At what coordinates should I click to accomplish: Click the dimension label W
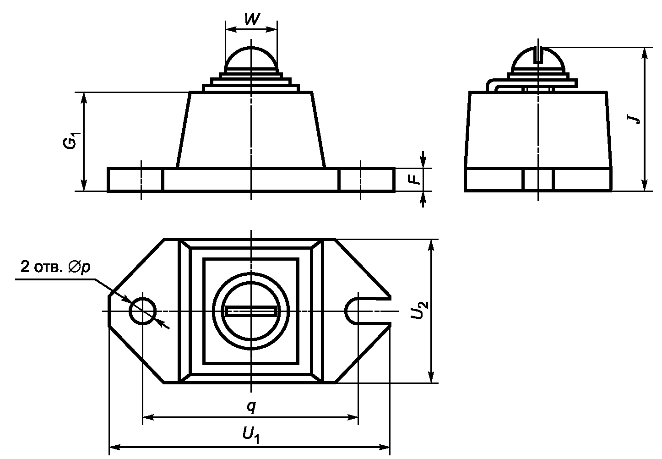252,19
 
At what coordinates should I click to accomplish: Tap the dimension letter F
416,179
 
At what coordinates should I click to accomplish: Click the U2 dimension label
419,310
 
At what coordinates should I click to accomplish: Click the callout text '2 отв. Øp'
55,268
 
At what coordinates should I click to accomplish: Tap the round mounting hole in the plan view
143,311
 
